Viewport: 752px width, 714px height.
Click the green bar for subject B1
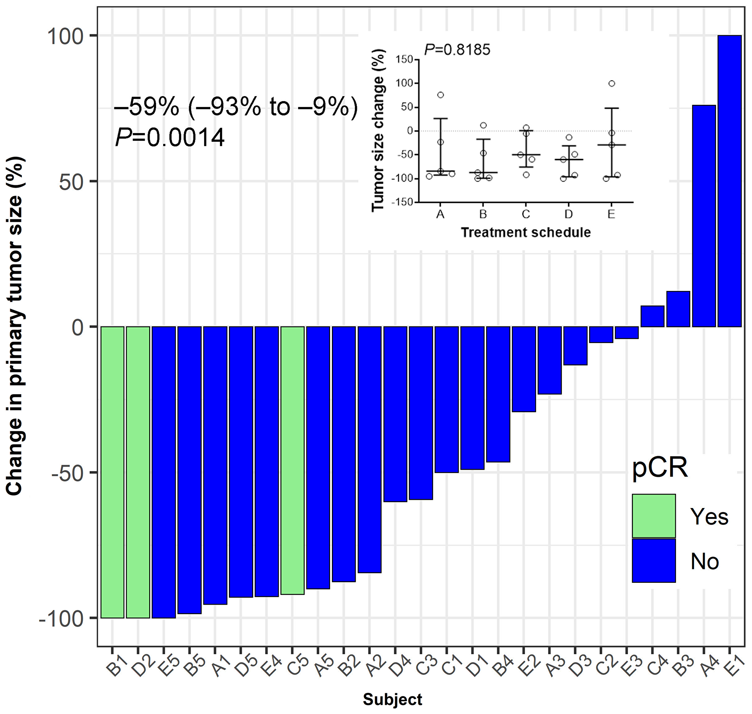(112, 472)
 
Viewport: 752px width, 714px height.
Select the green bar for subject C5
(293, 460)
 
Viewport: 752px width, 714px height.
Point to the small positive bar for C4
(652, 316)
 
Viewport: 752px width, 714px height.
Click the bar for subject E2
(524, 369)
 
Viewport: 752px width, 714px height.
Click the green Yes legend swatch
(654, 516)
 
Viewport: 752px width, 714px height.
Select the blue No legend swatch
(654, 560)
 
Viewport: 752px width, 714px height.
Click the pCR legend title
(660, 468)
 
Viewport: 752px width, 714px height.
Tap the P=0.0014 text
(170, 138)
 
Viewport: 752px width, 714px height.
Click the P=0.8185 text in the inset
(457, 50)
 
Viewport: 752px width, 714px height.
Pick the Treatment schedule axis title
(525, 232)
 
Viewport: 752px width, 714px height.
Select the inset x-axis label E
(611, 215)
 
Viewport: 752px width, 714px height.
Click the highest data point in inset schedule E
(611, 84)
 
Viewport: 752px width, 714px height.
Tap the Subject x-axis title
(392, 700)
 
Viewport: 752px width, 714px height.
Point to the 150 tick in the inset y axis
(404, 59)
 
